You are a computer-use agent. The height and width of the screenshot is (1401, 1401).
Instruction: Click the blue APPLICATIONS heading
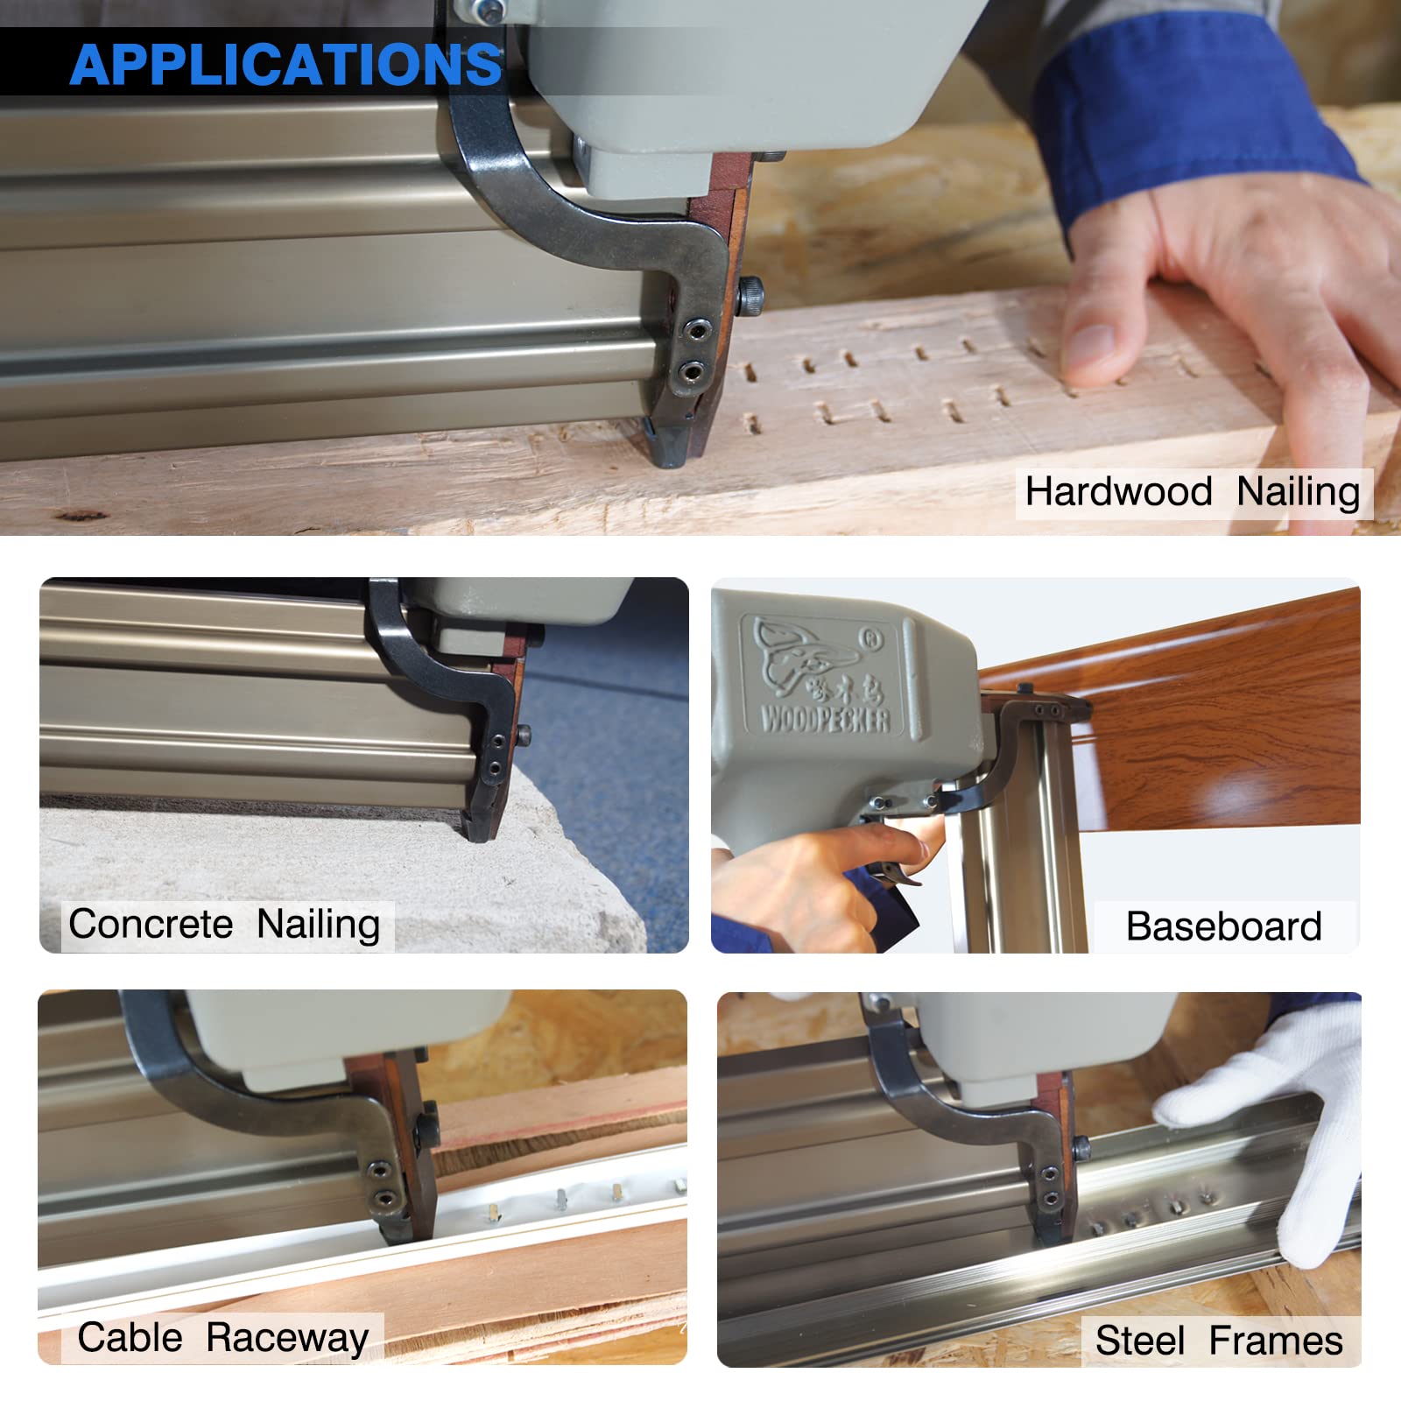(x=285, y=65)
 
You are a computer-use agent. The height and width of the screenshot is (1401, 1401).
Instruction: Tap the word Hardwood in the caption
(x=1118, y=491)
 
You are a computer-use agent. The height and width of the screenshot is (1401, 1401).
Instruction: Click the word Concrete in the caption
(x=151, y=924)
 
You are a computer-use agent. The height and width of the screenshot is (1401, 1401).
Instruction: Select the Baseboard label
(x=1223, y=926)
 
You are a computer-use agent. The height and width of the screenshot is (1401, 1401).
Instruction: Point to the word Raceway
(x=287, y=1338)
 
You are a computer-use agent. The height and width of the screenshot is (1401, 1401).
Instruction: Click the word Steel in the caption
(x=1139, y=1341)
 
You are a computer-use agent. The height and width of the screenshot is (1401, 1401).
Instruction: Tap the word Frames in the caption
(x=1276, y=1341)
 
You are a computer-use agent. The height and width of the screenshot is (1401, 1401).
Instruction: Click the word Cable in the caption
(x=130, y=1337)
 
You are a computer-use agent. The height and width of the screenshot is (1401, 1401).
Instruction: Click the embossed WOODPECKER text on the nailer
(x=825, y=720)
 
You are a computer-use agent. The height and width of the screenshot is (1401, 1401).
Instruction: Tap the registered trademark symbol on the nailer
(x=871, y=640)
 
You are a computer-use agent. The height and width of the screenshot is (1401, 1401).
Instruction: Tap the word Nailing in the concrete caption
(x=318, y=924)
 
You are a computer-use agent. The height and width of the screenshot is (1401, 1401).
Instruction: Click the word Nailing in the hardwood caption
(x=1298, y=491)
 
